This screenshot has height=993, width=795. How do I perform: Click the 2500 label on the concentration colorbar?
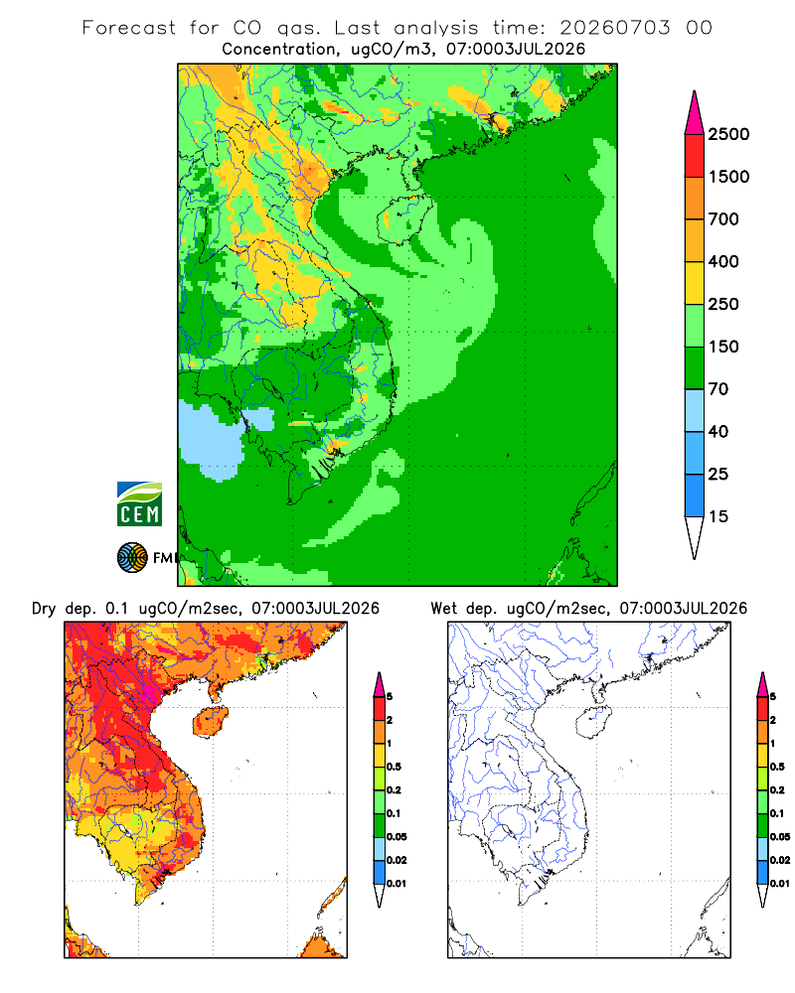(x=728, y=134)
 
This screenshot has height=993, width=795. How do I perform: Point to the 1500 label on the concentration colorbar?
(x=728, y=177)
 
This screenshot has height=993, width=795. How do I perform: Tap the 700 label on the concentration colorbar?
(x=723, y=219)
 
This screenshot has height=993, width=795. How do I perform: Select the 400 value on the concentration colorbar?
(x=723, y=261)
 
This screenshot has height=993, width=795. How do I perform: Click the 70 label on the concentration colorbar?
(x=718, y=389)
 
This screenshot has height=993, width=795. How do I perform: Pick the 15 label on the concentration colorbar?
(x=718, y=516)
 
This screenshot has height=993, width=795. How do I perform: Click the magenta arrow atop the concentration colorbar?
(x=695, y=113)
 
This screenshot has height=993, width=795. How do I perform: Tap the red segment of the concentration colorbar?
(x=695, y=156)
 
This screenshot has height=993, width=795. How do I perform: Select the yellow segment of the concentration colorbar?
(x=695, y=283)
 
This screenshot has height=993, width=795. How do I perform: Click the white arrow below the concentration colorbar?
(x=695, y=537)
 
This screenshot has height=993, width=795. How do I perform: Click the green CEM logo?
(x=139, y=504)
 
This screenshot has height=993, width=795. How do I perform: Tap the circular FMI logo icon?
(x=132, y=558)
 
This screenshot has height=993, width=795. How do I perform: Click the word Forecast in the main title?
(x=129, y=28)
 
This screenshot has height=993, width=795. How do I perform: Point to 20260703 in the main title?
(x=614, y=28)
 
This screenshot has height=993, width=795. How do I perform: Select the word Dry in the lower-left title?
(x=44, y=609)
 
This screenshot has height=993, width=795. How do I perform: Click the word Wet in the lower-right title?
(x=444, y=609)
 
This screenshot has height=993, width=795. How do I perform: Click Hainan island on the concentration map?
(x=403, y=219)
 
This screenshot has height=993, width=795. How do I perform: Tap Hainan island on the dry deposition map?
(x=211, y=722)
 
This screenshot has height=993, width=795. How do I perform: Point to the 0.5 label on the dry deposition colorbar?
(x=394, y=767)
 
